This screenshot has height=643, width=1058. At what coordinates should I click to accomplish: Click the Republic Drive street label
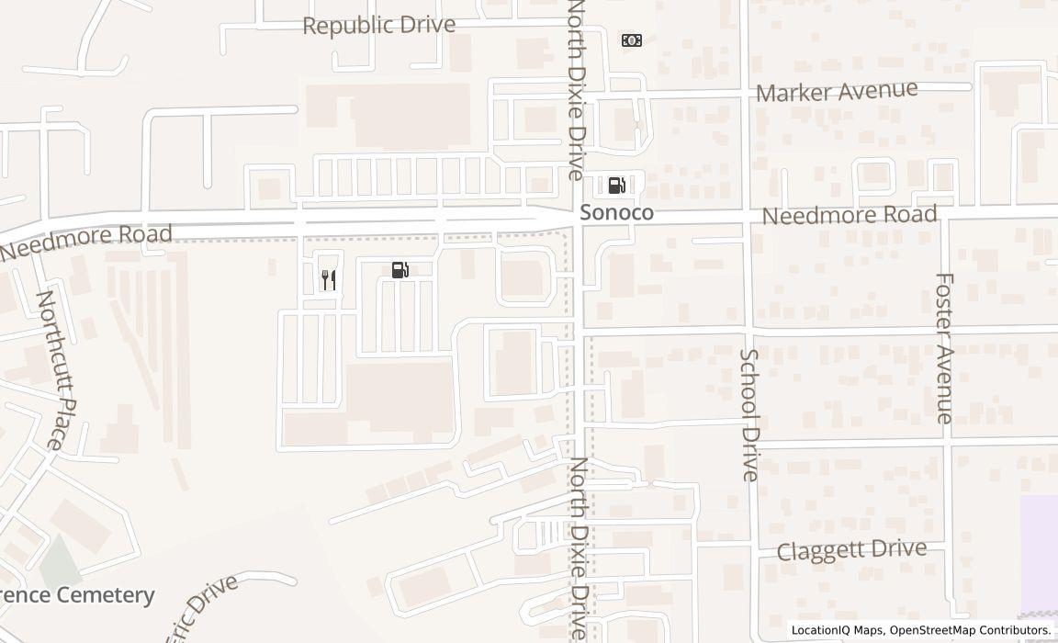pos(378,25)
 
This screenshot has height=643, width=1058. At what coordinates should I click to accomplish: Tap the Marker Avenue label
pos(836,91)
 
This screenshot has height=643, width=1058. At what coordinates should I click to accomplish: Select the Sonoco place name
pos(616,213)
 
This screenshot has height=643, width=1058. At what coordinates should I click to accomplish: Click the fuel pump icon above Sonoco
pos(616,185)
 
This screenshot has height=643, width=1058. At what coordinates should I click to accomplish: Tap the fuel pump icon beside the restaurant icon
pos(400,270)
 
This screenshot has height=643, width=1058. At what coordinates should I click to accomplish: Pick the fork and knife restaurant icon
pos(328,280)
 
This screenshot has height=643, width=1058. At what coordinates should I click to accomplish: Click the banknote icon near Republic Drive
pos(631,39)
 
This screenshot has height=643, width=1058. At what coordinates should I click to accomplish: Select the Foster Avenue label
pos(945,347)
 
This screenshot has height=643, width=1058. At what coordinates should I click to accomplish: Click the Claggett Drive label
pos(851,550)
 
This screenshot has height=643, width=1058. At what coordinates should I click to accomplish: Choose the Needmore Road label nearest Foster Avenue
pos(850,216)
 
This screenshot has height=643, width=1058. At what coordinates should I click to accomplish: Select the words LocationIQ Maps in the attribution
pos(838,630)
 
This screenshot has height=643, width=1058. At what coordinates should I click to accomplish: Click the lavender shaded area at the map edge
pos(1039,551)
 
